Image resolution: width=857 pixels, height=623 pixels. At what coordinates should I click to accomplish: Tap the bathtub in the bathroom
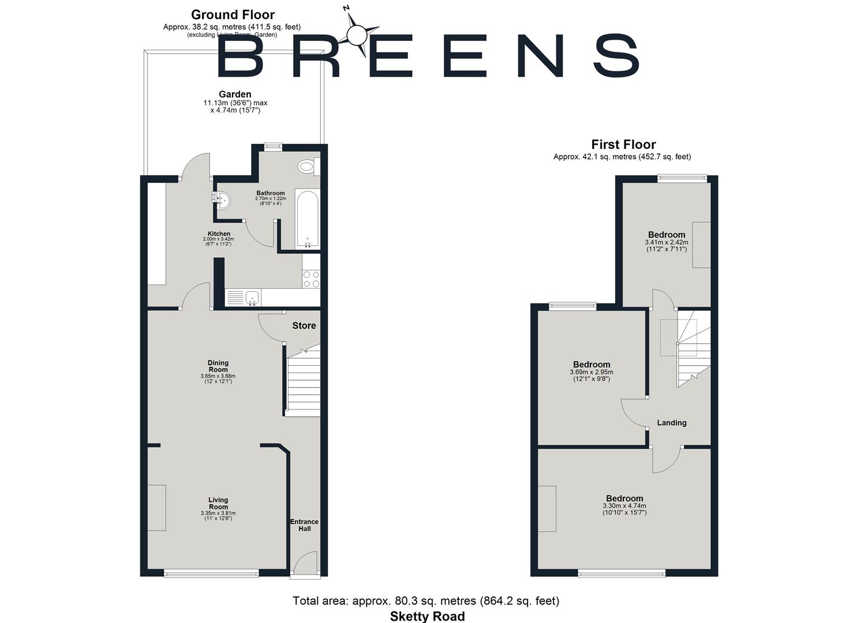coord(307,219)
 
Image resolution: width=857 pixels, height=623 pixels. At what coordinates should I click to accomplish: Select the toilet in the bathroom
coord(307,167)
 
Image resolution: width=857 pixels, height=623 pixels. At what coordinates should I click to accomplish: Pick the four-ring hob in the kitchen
coord(311,279)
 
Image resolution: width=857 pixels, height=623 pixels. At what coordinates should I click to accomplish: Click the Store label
coord(304,326)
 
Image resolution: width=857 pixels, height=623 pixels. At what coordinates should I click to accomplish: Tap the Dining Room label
coord(218,366)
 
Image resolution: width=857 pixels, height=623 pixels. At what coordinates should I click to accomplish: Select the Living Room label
coord(218,504)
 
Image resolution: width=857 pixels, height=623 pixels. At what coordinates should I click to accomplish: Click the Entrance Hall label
coord(304,525)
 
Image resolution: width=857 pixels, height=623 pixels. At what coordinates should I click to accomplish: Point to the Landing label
coord(672,423)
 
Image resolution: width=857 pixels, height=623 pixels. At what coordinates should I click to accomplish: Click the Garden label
coord(235,95)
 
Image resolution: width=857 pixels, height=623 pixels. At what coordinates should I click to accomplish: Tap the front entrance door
coord(304,565)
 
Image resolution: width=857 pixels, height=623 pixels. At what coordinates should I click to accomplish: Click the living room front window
coord(211,573)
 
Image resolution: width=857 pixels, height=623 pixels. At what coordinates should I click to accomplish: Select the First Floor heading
coord(623,145)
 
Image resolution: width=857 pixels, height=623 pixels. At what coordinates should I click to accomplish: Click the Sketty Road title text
coord(427,616)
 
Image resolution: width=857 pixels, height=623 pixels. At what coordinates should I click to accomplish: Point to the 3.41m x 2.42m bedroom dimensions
coord(667,246)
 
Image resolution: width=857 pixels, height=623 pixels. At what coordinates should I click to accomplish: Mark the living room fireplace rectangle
coord(157,508)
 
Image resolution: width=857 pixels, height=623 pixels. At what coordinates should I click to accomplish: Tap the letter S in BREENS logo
coord(616,56)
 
